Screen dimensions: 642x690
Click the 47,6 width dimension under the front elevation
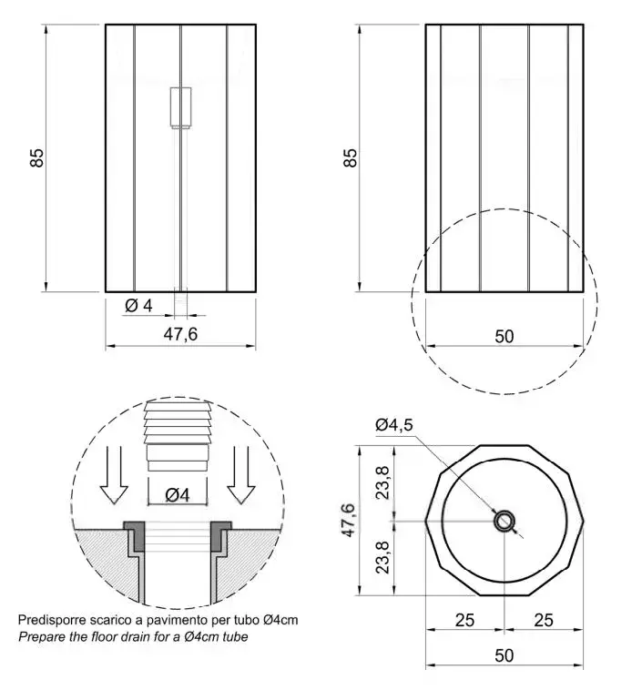click(180, 334)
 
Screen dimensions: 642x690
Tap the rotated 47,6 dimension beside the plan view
click(348, 520)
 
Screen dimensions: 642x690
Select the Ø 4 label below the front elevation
click(138, 305)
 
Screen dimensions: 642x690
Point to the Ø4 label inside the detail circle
click(178, 495)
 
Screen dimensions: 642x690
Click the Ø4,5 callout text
click(394, 424)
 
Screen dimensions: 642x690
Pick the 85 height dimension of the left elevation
click(37, 157)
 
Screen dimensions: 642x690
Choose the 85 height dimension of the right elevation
click(351, 157)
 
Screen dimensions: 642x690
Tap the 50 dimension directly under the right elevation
click(504, 337)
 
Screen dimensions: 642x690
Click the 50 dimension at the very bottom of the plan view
click(504, 655)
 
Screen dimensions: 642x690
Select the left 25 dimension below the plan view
click(464, 621)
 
